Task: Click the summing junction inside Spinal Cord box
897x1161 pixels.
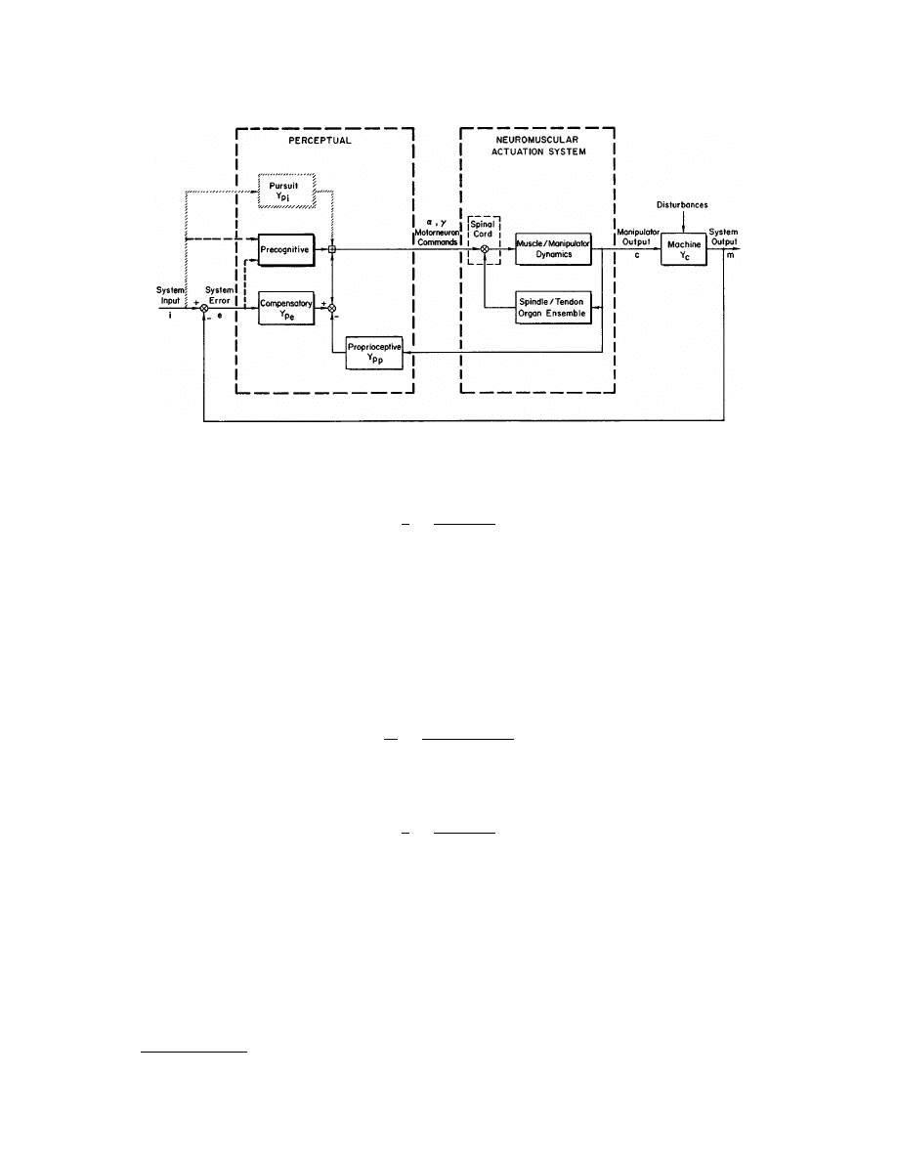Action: tap(484, 250)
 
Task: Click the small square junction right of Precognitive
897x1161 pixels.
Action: tap(332, 250)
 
